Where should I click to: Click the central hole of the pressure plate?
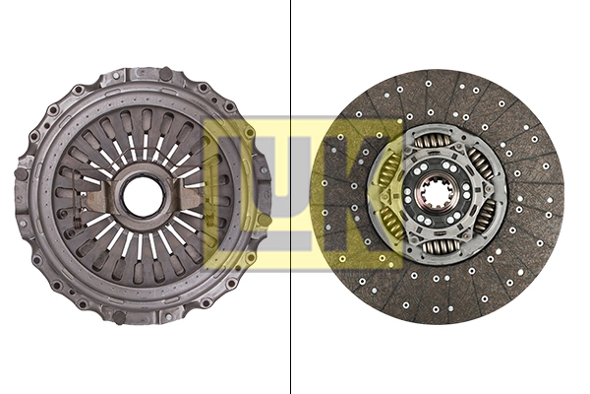144,195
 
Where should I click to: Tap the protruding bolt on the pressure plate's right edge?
264,220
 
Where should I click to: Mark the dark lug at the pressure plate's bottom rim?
120,317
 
